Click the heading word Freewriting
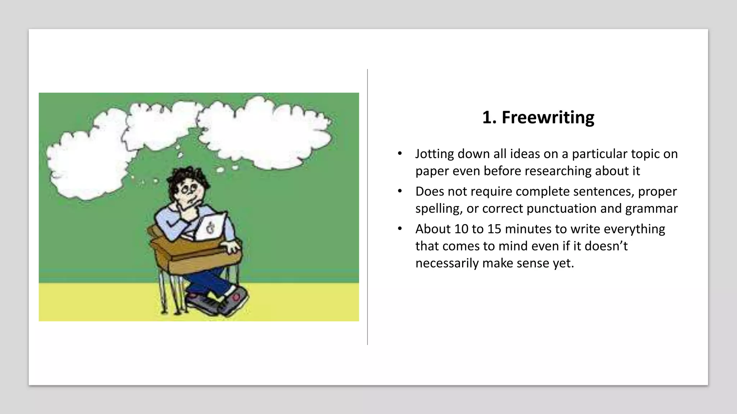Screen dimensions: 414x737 point(548,118)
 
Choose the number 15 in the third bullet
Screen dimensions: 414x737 point(494,229)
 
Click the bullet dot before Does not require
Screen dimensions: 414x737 point(400,191)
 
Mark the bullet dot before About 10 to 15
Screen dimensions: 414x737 point(400,229)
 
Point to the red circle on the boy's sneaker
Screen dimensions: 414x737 point(236,297)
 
